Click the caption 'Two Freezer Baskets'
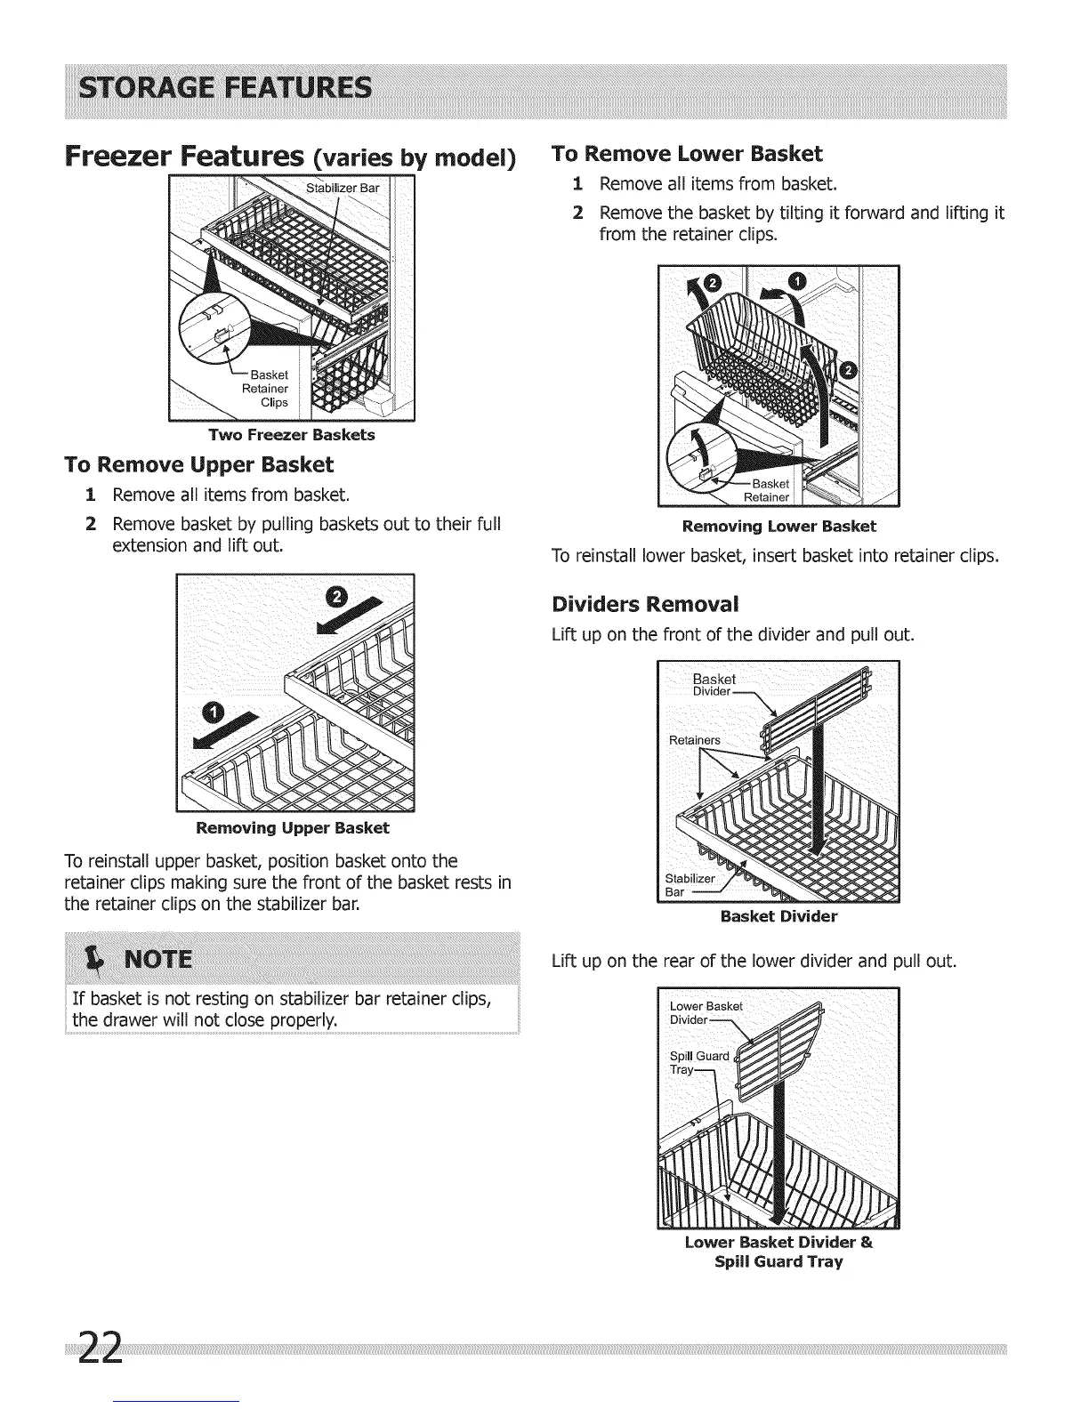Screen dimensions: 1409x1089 tap(292, 435)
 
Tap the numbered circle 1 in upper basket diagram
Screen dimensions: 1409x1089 tap(215, 712)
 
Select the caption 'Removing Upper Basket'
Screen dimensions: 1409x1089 tap(292, 828)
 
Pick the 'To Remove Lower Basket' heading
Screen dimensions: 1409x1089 tap(687, 154)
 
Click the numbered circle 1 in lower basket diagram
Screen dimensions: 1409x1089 tap(797, 282)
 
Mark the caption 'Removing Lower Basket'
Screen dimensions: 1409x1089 tap(778, 526)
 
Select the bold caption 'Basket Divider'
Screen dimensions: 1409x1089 tap(778, 915)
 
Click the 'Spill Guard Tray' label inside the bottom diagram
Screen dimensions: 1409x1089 tap(698, 1063)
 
